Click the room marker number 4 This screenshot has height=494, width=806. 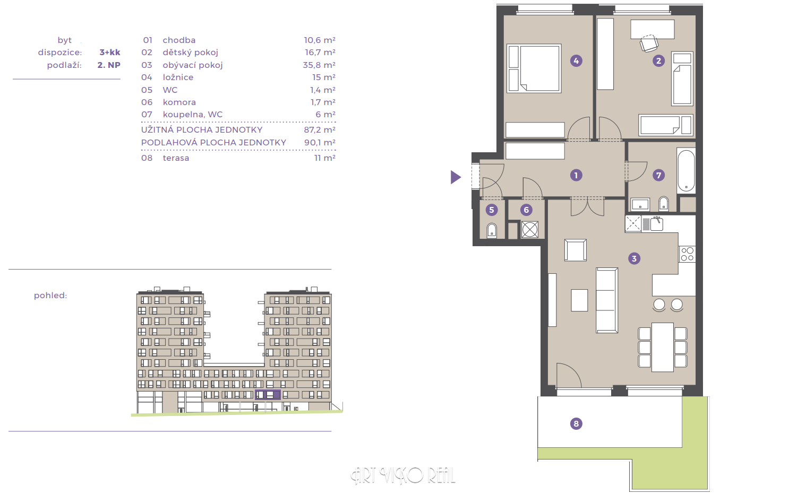(x=576, y=61)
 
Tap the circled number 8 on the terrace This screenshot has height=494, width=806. (x=576, y=423)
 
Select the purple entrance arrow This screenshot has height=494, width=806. (x=456, y=177)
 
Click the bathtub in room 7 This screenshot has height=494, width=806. (x=686, y=171)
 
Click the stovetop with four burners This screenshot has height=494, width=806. (x=687, y=254)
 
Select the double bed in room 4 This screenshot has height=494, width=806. (x=534, y=68)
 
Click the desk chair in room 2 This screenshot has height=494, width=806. (x=649, y=43)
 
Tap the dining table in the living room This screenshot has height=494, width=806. (x=663, y=347)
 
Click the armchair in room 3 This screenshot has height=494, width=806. (x=576, y=250)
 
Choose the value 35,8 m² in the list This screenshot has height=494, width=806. (x=319, y=65)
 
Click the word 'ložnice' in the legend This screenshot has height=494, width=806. (x=178, y=77)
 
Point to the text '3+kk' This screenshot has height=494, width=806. (x=110, y=53)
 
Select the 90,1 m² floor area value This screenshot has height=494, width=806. (x=320, y=142)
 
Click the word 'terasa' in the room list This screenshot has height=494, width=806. (x=176, y=158)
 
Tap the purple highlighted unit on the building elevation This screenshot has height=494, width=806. (x=268, y=395)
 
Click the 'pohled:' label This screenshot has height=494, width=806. (x=50, y=296)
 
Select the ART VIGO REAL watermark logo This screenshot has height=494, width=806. (x=403, y=475)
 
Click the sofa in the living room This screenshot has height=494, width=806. (x=607, y=300)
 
